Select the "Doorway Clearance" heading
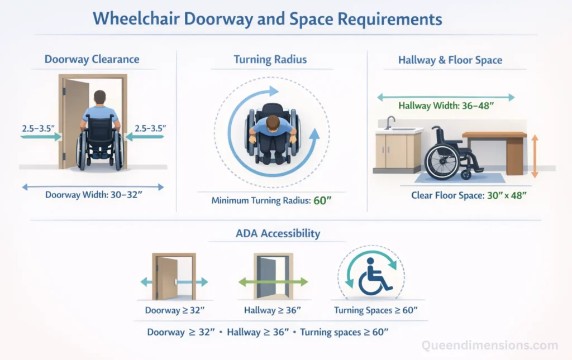coord(92,60)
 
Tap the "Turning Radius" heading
coord(271,60)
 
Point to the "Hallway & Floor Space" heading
coord(450,60)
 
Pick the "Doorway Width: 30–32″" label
coord(92,196)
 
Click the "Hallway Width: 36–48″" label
coord(446,105)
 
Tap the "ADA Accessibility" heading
coord(278,233)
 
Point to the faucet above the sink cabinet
coord(389,121)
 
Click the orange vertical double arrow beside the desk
coord(535,156)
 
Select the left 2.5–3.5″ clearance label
coord(37,128)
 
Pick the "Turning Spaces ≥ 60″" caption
coord(375,311)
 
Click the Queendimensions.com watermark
coord(490,345)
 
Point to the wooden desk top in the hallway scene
coord(494,135)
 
